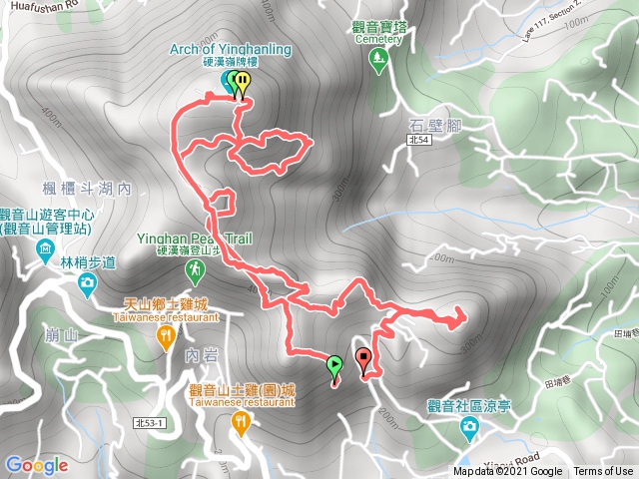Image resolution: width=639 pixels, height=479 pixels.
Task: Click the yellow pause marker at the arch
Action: tap(243, 87)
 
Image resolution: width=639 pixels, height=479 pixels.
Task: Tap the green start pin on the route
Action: tap(334, 366)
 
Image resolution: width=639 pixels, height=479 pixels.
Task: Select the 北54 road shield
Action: tap(420, 143)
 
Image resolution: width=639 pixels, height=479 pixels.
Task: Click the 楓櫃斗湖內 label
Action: tap(88, 187)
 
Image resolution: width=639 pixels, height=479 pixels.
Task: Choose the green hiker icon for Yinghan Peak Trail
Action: tap(196, 269)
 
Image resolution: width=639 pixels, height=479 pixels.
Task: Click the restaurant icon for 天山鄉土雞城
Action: tap(165, 340)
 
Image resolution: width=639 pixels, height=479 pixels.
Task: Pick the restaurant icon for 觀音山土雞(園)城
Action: tap(240, 424)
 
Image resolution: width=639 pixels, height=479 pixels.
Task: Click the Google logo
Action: tap(36, 465)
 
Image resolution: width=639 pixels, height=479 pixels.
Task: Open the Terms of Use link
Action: tap(603, 472)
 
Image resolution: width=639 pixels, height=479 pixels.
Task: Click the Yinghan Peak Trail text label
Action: tap(196, 239)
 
